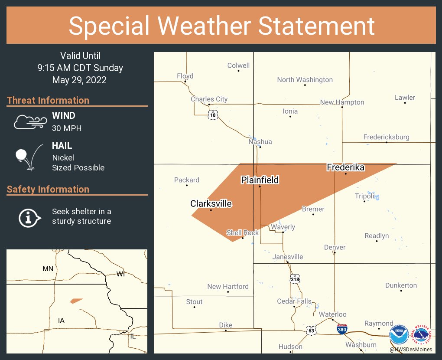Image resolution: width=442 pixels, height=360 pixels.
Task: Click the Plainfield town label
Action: pos(260,180)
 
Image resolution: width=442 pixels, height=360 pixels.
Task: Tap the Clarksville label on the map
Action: pos(211,203)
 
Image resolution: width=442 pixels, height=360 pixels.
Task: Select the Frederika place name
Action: pos(345,167)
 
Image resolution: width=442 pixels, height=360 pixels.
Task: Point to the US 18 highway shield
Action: pos(212,115)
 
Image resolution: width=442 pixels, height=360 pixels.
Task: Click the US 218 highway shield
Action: pos(295,279)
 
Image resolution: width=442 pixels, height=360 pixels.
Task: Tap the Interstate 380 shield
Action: pos(342,329)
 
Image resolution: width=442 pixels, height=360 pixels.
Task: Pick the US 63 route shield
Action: pos(311,330)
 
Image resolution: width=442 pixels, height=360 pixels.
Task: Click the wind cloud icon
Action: pos(29,122)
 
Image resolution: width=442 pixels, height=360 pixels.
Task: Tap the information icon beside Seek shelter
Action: pos(29,217)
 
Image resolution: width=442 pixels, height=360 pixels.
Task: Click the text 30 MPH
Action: pos(67,128)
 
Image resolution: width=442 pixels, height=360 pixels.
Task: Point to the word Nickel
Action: pos(63,158)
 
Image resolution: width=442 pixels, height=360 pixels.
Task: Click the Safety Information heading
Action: pos(48,189)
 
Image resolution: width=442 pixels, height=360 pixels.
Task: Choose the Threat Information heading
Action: pos(48,100)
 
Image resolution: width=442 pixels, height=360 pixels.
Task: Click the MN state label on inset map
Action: pos(48,269)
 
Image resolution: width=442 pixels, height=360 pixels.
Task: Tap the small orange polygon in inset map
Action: pos(76,301)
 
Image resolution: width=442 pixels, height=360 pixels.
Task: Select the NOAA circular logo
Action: pos(399,335)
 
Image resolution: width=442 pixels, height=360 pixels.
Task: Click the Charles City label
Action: pos(209,99)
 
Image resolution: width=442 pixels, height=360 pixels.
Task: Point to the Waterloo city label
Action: pos(332,314)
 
